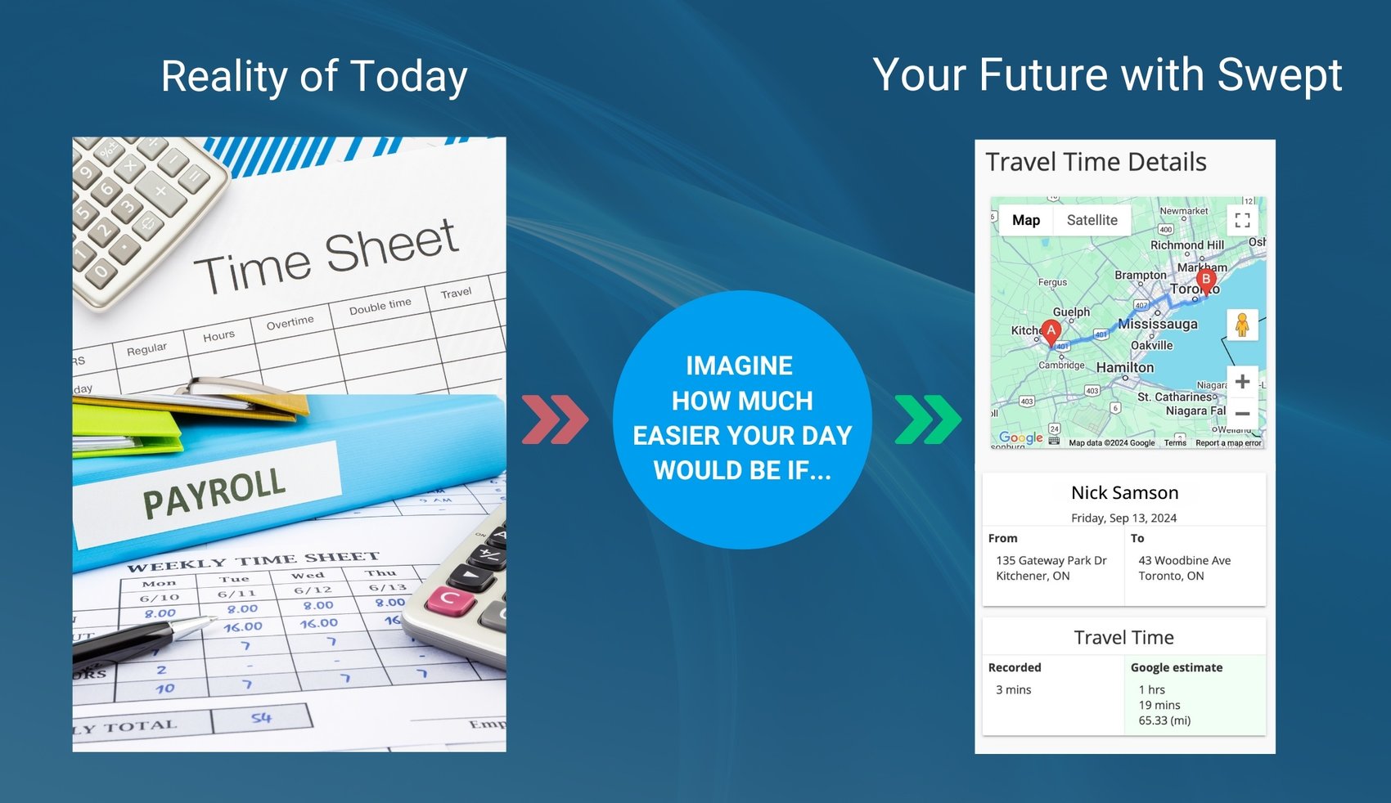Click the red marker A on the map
point(1051,331)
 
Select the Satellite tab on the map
point(1092,220)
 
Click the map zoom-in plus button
point(1242,381)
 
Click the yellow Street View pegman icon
point(1242,325)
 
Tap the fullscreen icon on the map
point(1242,220)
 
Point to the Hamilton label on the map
point(1125,368)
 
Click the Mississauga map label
point(1158,324)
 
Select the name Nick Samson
point(1124,493)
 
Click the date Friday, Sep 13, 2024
point(1123,518)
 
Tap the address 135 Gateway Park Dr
point(1051,561)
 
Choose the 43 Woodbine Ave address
point(1184,561)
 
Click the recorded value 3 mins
point(1013,690)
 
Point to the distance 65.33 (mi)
point(1164,721)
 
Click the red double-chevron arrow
point(555,419)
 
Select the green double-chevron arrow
point(928,419)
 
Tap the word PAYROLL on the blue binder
point(214,493)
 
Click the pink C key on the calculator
point(449,600)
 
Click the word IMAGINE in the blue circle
point(739,366)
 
